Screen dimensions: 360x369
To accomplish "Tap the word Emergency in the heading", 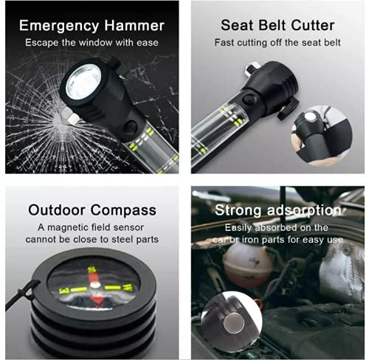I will pos(61,25).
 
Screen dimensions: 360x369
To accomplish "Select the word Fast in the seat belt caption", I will pos(224,43).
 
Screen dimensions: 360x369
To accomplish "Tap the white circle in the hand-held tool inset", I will pos(311,117).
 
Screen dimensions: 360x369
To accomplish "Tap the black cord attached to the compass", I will pos(16,300).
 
